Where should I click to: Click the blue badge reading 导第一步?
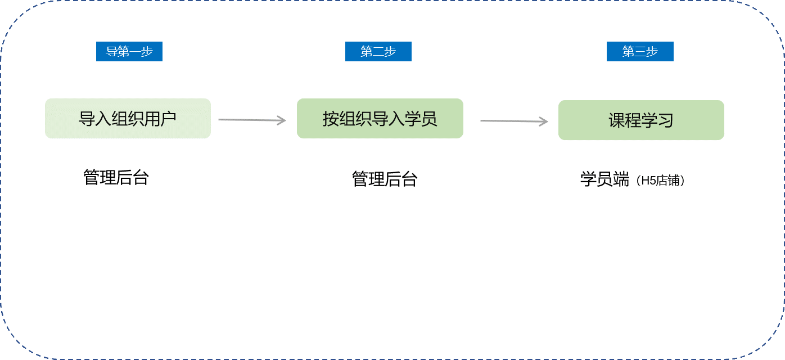tap(129, 52)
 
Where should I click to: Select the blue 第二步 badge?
tap(378, 52)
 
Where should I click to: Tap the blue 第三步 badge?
tap(640, 52)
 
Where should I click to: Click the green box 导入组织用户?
tap(128, 119)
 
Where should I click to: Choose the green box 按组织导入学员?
tap(380, 119)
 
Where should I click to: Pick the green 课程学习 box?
tap(641, 120)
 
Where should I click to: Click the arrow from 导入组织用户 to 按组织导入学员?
tap(252, 120)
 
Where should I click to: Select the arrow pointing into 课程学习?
tap(514, 121)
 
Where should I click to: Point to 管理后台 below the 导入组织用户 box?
tap(116, 177)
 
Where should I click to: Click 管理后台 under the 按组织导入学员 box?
tap(385, 179)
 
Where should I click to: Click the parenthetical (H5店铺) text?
tap(661, 181)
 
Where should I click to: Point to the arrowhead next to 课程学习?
tap(544, 121)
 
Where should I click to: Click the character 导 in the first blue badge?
tap(111, 52)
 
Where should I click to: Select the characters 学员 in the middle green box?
tap(421, 119)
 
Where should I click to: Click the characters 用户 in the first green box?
tap(160, 119)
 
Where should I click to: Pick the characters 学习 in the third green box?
tap(657, 120)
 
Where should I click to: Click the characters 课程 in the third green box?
tap(625, 120)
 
